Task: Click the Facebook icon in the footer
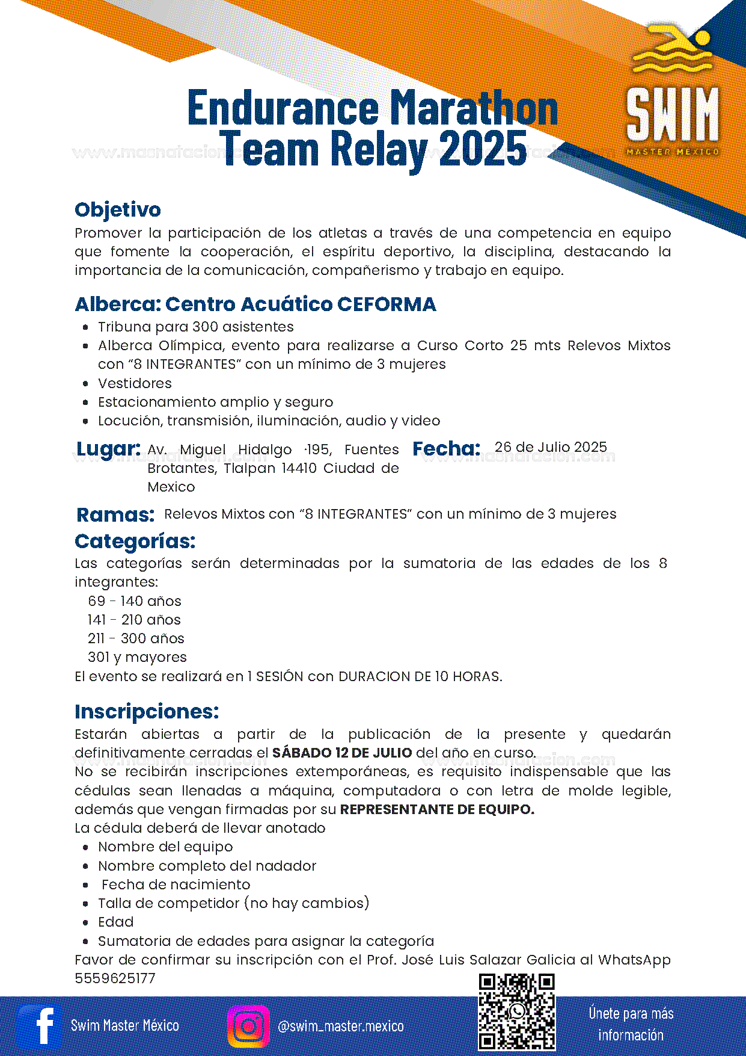click(x=40, y=1026)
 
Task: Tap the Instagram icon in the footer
click(x=248, y=1026)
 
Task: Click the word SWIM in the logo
click(x=673, y=114)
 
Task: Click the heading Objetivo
click(x=118, y=209)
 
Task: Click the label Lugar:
click(x=108, y=449)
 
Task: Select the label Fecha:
click(x=446, y=449)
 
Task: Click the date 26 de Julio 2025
click(x=551, y=447)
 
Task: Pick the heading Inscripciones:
click(x=147, y=711)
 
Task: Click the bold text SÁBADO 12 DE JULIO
click(x=342, y=753)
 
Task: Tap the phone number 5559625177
click(x=115, y=978)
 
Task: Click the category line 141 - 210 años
click(x=134, y=620)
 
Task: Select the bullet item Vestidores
click(x=135, y=383)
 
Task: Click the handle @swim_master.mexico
click(x=340, y=1026)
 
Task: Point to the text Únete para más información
click(x=631, y=1024)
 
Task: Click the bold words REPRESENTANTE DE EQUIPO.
click(x=437, y=809)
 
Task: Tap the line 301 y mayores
click(x=137, y=657)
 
